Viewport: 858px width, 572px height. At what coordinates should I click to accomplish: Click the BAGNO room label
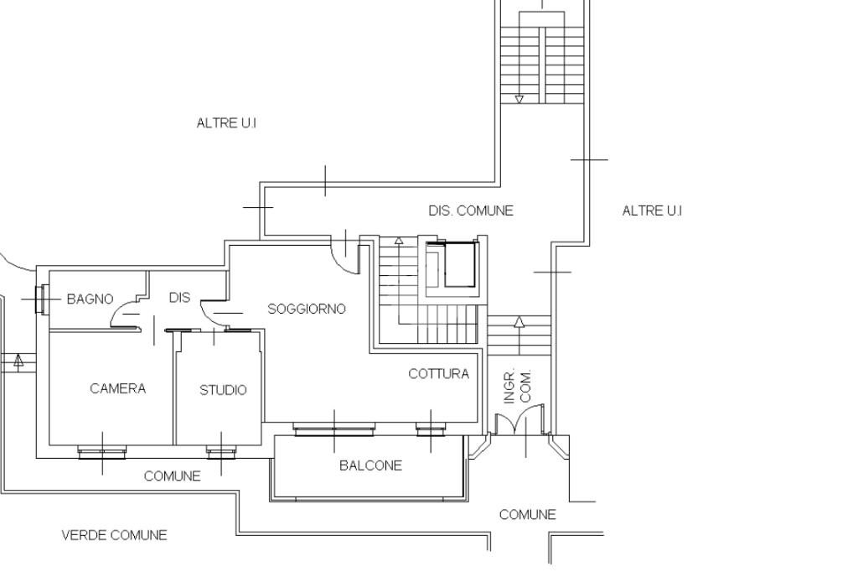pos(90,299)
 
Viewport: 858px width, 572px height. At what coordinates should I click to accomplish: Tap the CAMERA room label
pos(117,388)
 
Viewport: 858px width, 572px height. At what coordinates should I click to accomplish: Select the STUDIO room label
pos(223,390)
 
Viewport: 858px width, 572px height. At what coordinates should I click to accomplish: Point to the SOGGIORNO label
pos(307,309)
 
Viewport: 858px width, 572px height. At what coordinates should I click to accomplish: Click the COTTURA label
pos(439,373)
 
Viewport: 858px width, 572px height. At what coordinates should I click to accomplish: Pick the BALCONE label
pos(370,465)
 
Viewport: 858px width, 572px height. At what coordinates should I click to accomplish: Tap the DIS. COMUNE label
pos(471,211)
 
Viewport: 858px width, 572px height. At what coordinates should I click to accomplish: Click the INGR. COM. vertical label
pos(518,387)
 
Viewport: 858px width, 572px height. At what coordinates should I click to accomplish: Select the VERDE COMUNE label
pos(114,535)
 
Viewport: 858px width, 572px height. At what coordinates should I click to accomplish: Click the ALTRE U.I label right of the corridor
pos(652,211)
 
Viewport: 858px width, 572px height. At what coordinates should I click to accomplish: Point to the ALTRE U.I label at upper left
pos(226,122)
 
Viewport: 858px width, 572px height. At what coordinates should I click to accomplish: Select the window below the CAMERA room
pos(102,452)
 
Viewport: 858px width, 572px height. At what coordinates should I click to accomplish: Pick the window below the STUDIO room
pos(221,453)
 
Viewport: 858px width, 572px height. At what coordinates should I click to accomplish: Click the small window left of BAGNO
pos(42,299)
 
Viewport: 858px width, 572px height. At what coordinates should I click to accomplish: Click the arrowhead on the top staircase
pos(519,99)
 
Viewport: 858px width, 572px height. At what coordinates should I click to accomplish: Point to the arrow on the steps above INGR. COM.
pos(519,323)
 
